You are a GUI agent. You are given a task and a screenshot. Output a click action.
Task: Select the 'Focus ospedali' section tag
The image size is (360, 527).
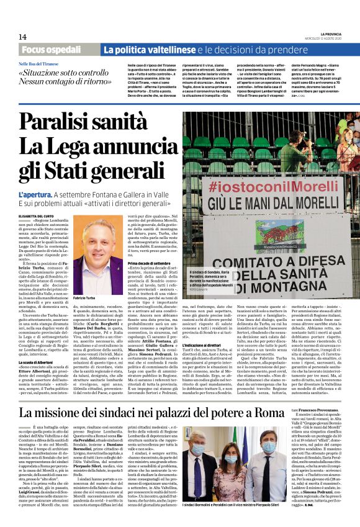coord(58,50)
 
